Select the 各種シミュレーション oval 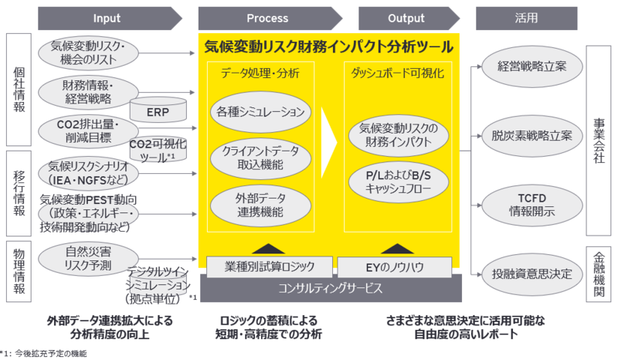coord(260,111)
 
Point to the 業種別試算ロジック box coord(260,267)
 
